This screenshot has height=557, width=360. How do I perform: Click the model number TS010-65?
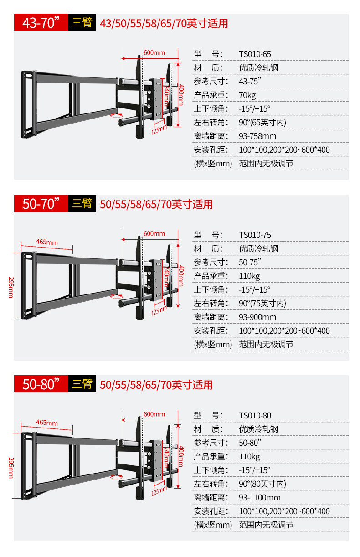pyautogui.click(x=255, y=54)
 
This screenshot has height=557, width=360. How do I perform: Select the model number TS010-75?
pyautogui.click(x=255, y=235)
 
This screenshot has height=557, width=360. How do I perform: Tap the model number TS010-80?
pyautogui.click(x=255, y=416)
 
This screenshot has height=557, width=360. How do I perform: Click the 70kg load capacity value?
pyautogui.click(x=247, y=95)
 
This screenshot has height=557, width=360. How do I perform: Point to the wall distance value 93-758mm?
pyautogui.click(x=257, y=136)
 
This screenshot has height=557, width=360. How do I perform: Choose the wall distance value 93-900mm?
pyautogui.click(x=257, y=317)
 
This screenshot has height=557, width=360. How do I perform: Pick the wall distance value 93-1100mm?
pyautogui.click(x=260, y=498)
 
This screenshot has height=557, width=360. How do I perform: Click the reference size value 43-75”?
pyautogui.click(x=250, y=82)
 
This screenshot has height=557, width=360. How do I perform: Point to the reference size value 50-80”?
pyautogui.click(x=250, y=443)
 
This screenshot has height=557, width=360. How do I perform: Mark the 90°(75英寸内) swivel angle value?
pyautogui.click(x=262, y=304)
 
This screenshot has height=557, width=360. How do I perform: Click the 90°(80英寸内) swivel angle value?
pyautogui.click(x=262, y=484)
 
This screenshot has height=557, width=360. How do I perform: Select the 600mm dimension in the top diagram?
pyautogui.click(x=154, y=53)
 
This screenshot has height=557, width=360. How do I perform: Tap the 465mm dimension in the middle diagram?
pyautogui.click(x=47, y=242)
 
